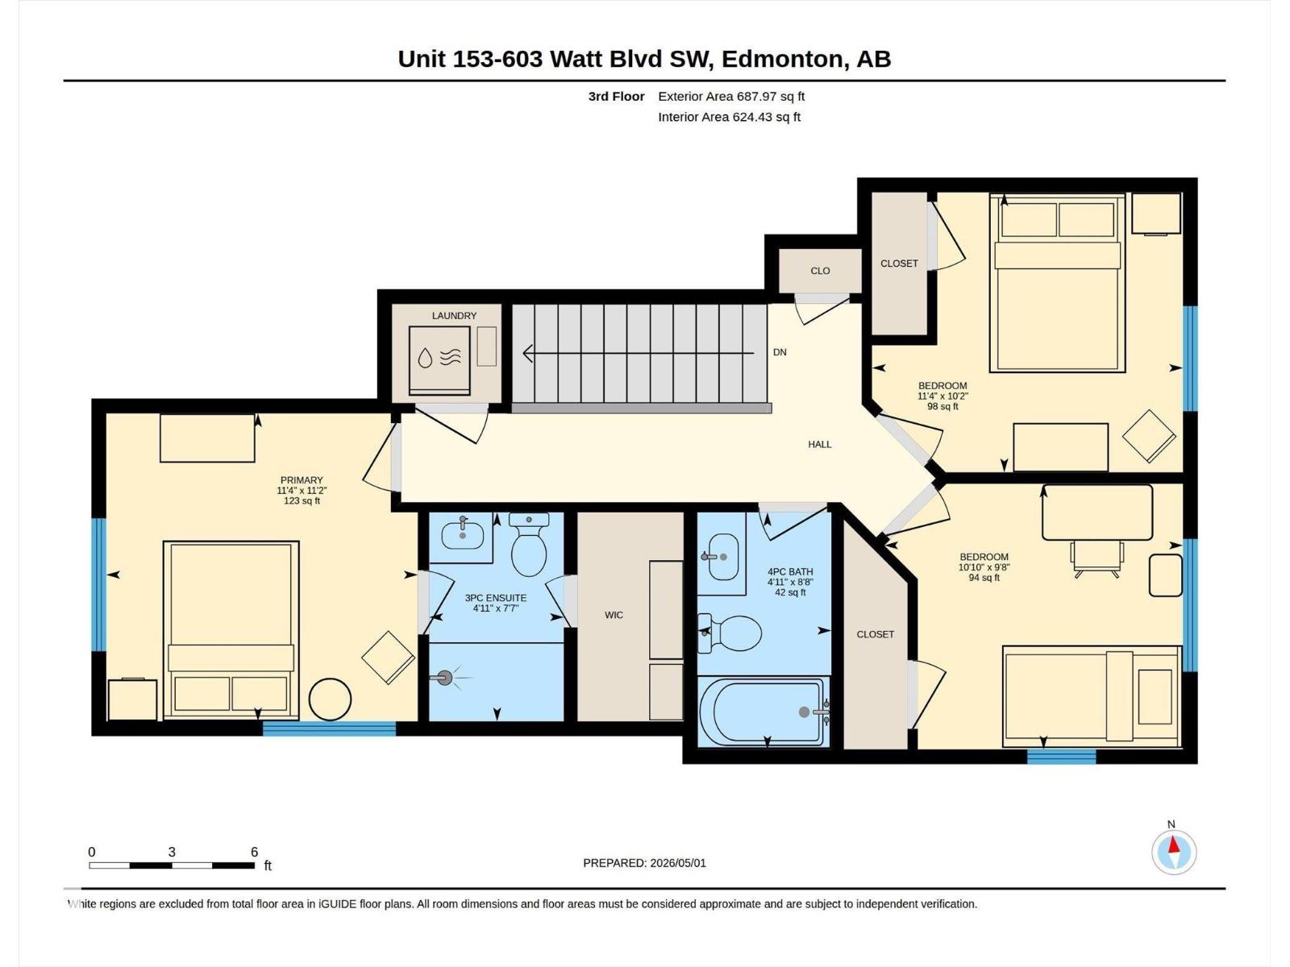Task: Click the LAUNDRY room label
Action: (454, 316)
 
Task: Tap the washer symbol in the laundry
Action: (439, 360)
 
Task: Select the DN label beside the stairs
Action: (780, 352)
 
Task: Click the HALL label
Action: (819, 445)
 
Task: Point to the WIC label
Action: (614, 615)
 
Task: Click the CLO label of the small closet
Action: (820, 271)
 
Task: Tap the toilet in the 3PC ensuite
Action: (529, 544)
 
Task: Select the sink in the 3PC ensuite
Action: (463, 533)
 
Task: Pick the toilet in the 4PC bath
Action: (730, 633)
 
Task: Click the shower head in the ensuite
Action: (445, 679)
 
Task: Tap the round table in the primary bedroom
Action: (331, 699)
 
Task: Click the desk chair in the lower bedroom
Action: (1096, 558)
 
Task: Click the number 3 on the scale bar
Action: (172, 852)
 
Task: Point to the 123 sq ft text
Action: (302, 500)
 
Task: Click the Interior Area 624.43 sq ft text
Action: (729, 117)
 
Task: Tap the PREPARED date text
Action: (644, 863)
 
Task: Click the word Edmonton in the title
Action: (781, 60)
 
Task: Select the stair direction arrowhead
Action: (528, 353)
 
